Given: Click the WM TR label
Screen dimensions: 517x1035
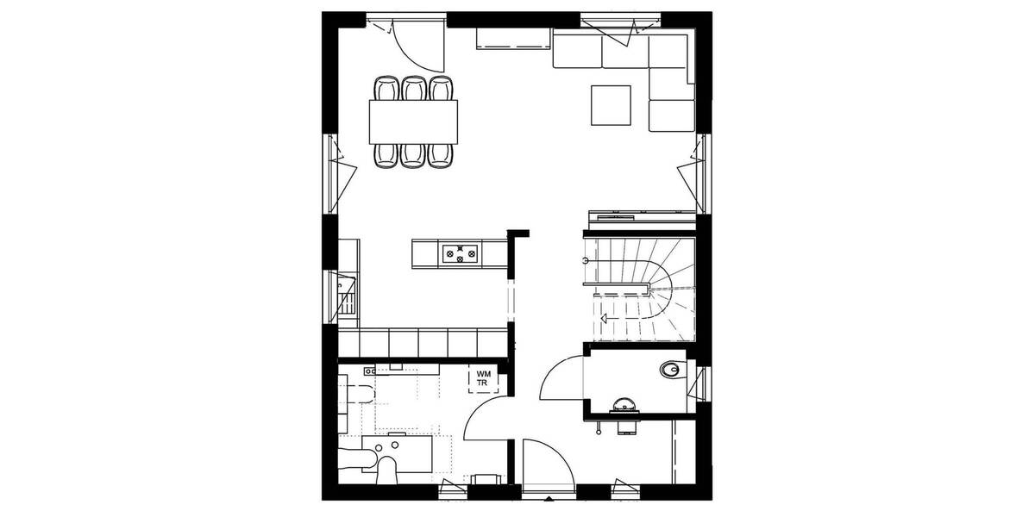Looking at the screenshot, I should [x=482, y=377].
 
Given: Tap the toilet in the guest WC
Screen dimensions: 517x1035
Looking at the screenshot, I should [x=669, y=371].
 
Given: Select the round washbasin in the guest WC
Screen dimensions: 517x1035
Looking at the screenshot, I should [x=623, y=402].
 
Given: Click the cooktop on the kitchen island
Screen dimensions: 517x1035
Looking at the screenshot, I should [x=460, y=253].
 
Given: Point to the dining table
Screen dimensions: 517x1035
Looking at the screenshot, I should [x=414, y=121].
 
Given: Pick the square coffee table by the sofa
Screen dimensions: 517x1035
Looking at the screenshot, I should [x=611, y=104].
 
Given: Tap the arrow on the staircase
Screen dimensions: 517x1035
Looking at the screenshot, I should [x=605, y=319].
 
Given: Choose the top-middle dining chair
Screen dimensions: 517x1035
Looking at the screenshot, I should [x=414, y=89].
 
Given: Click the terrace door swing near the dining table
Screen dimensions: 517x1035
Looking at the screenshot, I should [x=417, y=43].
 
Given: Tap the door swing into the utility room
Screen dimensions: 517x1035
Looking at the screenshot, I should [x=485, y=420].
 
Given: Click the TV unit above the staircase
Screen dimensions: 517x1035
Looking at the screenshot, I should [x=639, y=215].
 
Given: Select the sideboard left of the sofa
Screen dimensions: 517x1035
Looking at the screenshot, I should [x=513, y=39].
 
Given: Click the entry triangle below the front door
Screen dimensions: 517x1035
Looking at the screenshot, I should [x=549, y=497].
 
